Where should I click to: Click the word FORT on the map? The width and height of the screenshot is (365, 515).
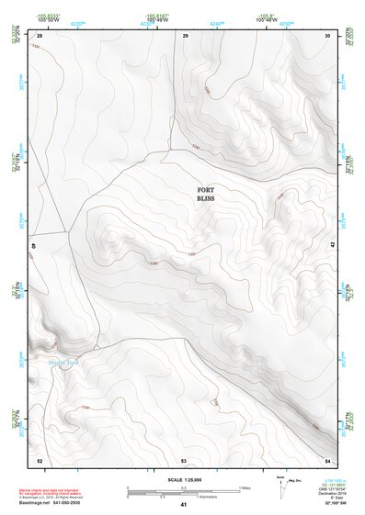206,190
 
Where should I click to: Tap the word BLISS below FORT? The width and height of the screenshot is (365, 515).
206,198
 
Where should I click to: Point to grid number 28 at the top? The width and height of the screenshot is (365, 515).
40,36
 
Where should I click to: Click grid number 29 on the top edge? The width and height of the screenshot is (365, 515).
186,36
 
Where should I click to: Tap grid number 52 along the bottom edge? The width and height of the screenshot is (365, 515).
40,459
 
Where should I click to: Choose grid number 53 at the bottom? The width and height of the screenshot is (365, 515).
184,459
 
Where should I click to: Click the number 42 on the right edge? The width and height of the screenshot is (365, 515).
332,245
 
